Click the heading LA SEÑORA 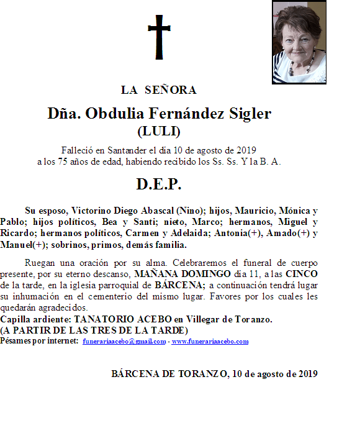[x=159, y=90]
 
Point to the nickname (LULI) [x=158, y=131]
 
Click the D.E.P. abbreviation [x=158, y=184]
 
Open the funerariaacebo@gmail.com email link [x=124, y=342]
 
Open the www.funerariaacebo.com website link [x=210, y=342]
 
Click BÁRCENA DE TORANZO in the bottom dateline [x=169, y=374]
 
